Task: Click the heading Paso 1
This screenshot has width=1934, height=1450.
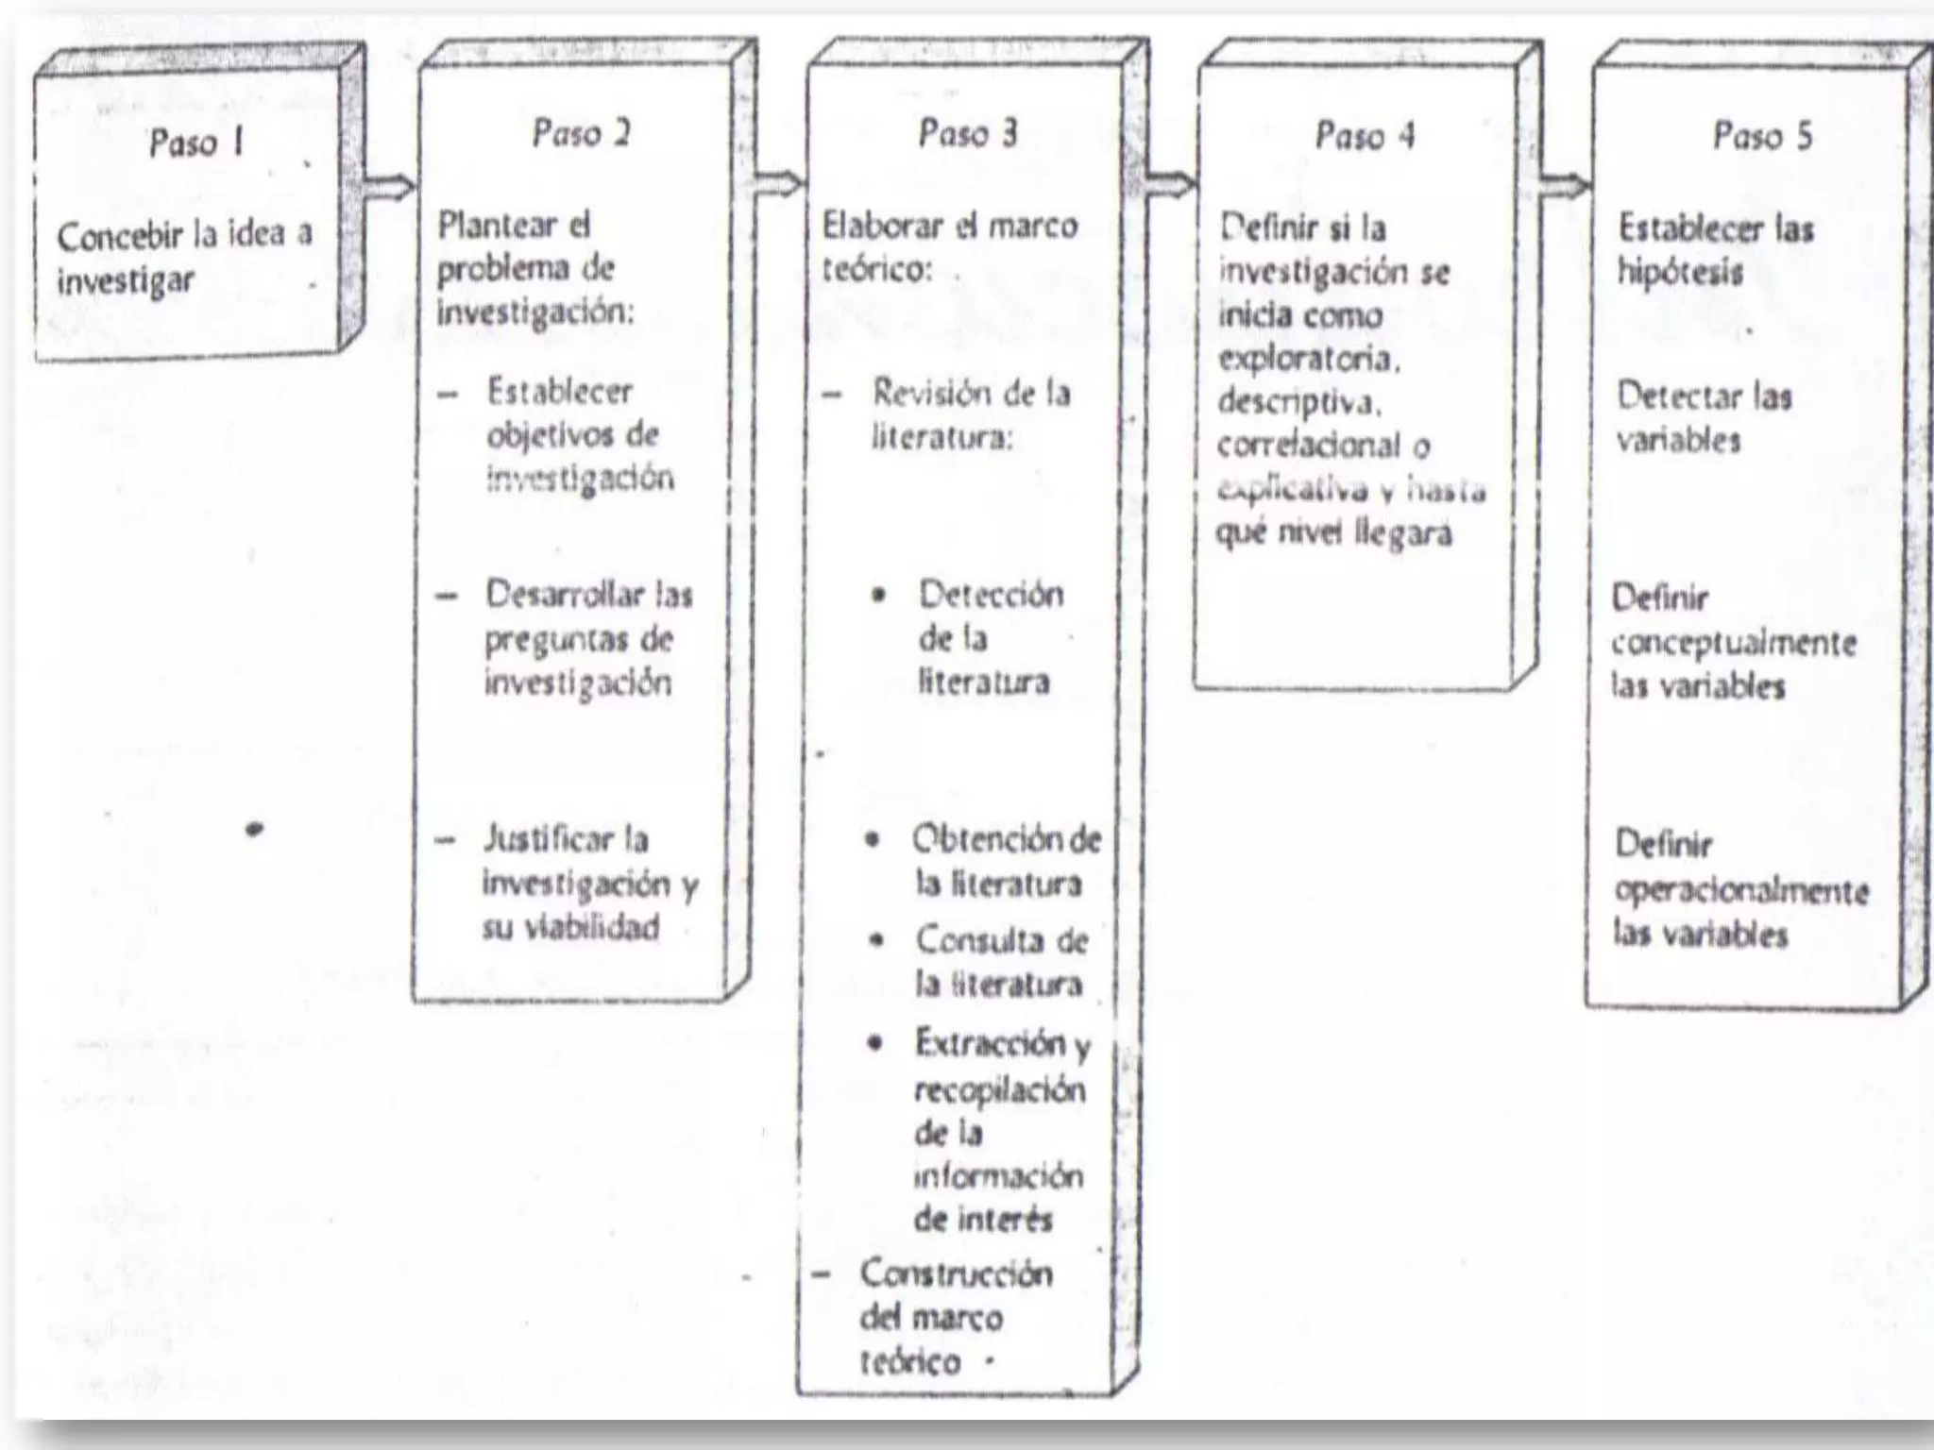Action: coord(196,143)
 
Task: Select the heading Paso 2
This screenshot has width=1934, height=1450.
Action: coord(581,133)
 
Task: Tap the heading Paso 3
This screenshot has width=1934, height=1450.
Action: coord(968,133)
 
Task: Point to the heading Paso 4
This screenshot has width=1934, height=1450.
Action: coord(1366,136)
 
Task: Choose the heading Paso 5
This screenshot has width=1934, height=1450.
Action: coord(1763,136)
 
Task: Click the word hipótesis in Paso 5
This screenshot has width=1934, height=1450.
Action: coord(1680,273)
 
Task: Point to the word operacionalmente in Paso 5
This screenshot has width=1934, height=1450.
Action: coord(1741,890)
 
